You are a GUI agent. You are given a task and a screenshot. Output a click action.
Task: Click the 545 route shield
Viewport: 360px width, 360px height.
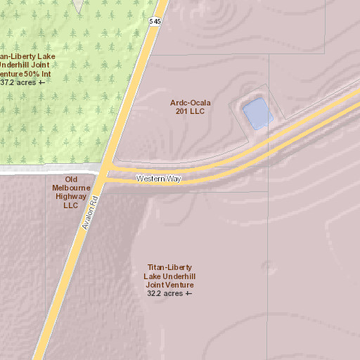coord(155,22)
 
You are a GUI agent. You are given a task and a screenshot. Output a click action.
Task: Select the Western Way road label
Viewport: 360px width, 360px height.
coord(159,179)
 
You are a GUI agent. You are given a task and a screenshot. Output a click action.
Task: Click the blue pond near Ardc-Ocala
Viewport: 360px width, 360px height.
coord(257,113)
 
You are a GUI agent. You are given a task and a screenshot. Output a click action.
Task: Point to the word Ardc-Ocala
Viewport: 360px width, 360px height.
coord(191,103)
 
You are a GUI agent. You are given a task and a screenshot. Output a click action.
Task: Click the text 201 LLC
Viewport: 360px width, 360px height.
coord(191,112)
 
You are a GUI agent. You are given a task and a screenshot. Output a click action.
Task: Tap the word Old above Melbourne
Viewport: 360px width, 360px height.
coord(70,179)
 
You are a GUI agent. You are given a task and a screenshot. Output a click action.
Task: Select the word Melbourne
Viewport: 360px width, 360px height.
coord(70,188)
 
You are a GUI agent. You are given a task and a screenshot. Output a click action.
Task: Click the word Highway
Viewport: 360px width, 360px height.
coord(70,197)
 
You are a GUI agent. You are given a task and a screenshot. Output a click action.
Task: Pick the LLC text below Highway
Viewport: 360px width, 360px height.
coord(70,205)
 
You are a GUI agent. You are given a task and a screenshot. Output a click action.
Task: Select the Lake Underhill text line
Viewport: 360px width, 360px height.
coord(169,276)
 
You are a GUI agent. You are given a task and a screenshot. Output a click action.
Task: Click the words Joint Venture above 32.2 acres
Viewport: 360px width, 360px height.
coord(169,285)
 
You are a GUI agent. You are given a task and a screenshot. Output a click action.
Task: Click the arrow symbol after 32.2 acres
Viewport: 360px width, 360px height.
coord(188,293)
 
